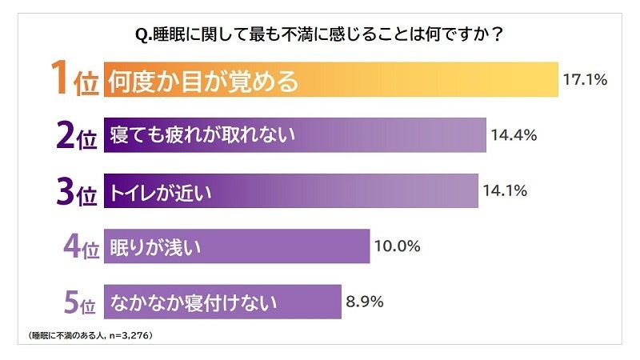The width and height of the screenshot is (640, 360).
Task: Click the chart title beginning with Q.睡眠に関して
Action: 320,36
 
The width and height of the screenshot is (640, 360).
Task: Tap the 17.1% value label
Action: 585,79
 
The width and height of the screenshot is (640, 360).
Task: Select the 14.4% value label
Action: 514,135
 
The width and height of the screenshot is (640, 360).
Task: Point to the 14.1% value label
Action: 505,191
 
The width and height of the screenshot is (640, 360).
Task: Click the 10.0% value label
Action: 398,246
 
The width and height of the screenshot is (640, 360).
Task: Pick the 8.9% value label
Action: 366,302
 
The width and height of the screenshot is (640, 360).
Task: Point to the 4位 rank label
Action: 79,247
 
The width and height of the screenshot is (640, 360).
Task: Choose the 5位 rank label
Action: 79,302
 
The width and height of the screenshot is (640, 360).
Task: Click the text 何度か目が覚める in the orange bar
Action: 203,81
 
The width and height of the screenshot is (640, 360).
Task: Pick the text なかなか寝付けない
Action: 194,302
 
